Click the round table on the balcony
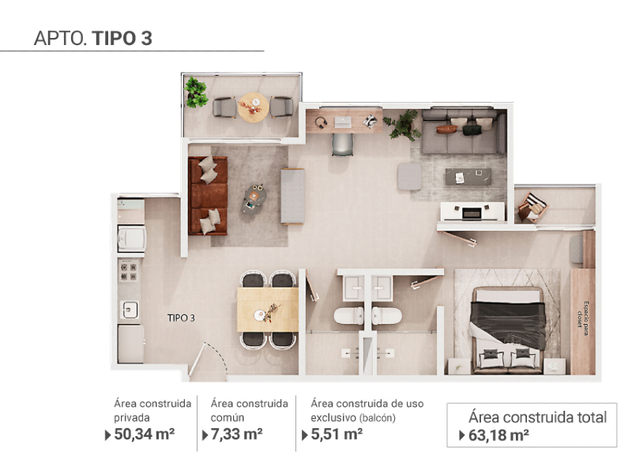[x=253, y=107]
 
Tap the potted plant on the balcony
[x=195, y=92]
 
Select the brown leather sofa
[x=208, y=196]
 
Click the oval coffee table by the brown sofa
[x=254, y=199]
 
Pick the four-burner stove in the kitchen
[x=129, y=271]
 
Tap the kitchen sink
[x=130, y=310]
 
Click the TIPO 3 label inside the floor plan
[x=181, y=318]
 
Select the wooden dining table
[x=268, y=309]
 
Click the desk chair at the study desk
[x=343, y=145]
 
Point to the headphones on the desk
[x=321, y=122]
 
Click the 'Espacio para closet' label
[x=583, y=314]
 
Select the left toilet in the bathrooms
[x=348, y=315]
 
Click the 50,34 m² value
[x=145, y=434]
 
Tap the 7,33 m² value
[x=236, y=434]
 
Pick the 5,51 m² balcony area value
[x=337, y=434]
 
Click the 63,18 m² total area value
[x=498, y=435]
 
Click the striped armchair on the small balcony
[x=532, y=207]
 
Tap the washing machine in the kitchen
[x=131, y=239]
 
